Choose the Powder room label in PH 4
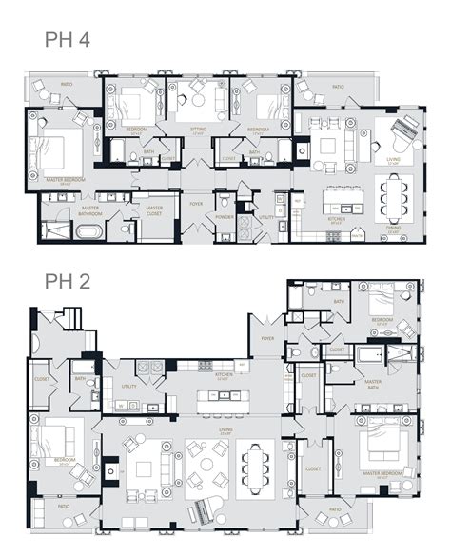pyautogui.click(x=225, y=216)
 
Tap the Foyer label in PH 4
pyautogui.click(x=196, y=203)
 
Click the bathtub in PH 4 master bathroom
pyautogui.click(x=88, y=231)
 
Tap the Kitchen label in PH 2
pyautogui.click(x=225, y=375)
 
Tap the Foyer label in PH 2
pyautogui.click(x=266, y=337)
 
